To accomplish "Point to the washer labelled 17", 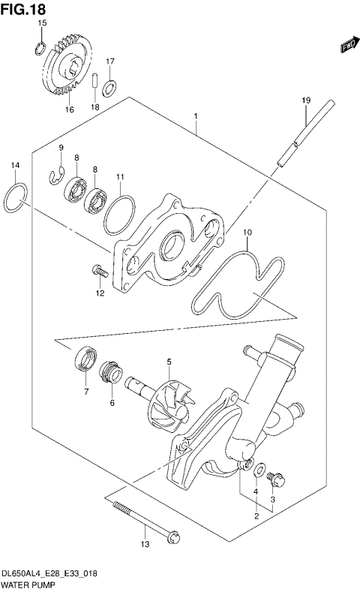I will pyautogui.click(x=109, y=89).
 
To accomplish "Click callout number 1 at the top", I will pyautogui.click(x=195, y=116).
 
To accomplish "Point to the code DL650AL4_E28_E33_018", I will pyautogui.click(x=48, y=572).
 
